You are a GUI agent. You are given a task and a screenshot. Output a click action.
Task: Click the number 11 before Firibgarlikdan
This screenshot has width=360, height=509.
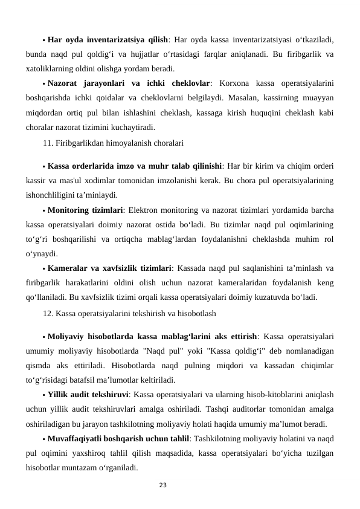[x=48, y=143]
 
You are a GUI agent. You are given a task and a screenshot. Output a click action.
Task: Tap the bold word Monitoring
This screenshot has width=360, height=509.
[x=69, y=210]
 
